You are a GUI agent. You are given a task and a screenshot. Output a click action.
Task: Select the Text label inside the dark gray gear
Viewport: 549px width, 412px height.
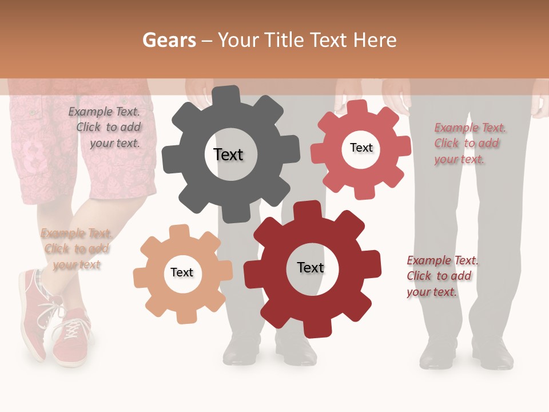click(228, 154)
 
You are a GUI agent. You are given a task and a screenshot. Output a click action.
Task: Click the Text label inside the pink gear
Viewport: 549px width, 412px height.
click(361, 148)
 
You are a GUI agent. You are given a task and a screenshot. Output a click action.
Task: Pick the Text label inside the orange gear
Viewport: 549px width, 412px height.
click(182, 272)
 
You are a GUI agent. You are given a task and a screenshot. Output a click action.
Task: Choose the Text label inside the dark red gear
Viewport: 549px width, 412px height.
click(311, 267)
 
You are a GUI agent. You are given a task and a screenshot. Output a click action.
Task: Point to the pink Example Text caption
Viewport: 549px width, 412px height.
click(470, 143)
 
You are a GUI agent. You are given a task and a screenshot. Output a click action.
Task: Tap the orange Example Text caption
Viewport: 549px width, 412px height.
click(77, 249)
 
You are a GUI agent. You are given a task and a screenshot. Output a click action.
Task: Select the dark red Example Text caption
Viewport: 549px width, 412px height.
click(442, 276)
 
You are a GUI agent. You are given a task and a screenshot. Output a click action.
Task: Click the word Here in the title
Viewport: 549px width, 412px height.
click(375, 40)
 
